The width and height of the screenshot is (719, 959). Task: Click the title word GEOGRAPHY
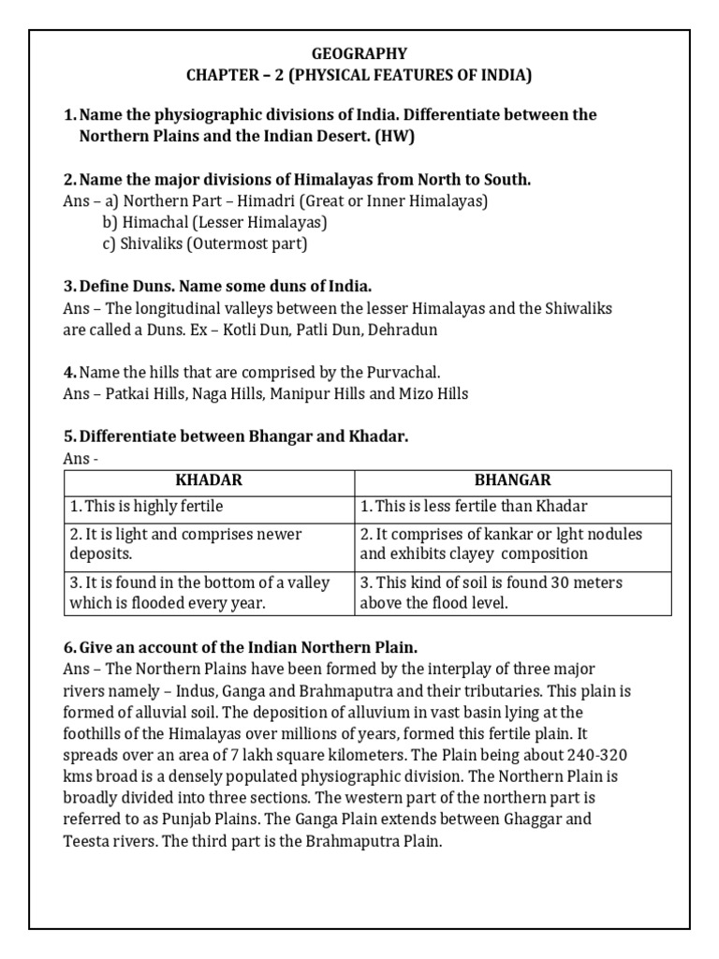click(x=359, y=54)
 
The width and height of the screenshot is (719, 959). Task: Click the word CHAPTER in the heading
click(x=246, y=75)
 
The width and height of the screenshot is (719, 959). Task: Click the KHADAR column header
click(x=209, y=480)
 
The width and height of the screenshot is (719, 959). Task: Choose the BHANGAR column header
click(x=512, y=480)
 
